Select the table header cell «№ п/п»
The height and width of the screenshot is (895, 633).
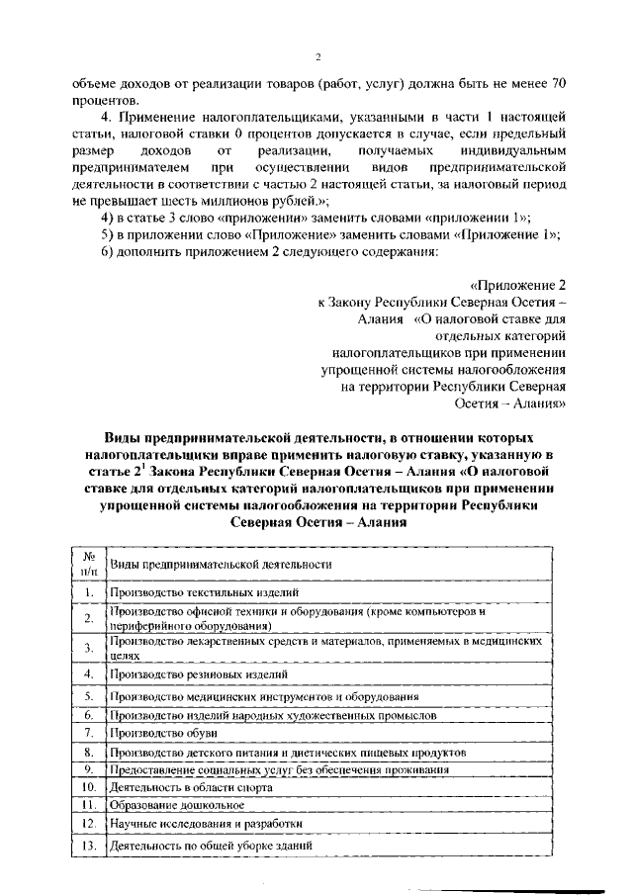tap(89, 563)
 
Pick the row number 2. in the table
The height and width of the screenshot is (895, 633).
tap(89, 618)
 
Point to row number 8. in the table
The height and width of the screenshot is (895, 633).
tap(89, 752)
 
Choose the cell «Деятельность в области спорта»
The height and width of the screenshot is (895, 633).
tap(178, 786)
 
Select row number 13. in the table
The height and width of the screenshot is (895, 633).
tap(89, 847)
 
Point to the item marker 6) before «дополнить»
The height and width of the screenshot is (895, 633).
tap(109, 250)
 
